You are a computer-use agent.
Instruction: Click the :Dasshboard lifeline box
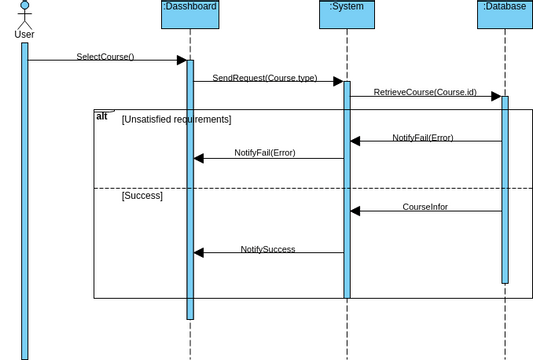(189, 14)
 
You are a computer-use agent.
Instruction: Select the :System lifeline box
(347, 14)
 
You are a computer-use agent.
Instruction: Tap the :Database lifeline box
(505, 14)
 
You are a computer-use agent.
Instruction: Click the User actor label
(25, 35)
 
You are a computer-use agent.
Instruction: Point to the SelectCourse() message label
(105, 57)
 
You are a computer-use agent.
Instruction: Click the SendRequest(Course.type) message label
(264, 77)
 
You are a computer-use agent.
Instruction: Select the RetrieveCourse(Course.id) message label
(425, 92)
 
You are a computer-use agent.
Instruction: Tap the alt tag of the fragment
(102, 116)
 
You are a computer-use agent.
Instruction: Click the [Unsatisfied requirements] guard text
(176, 120)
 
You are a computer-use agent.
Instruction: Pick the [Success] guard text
(142, 196)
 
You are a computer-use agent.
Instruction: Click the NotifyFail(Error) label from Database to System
(422, 137)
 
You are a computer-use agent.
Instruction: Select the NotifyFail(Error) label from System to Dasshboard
(265, 153)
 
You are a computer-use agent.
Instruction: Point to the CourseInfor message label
(425, 207)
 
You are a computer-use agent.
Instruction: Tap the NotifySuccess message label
(268, 249)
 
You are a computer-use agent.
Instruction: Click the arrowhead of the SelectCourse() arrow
(181, 61)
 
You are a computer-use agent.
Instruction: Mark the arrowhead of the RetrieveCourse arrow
(495, 97)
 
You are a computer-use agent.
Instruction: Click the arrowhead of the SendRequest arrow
(338, 82)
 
